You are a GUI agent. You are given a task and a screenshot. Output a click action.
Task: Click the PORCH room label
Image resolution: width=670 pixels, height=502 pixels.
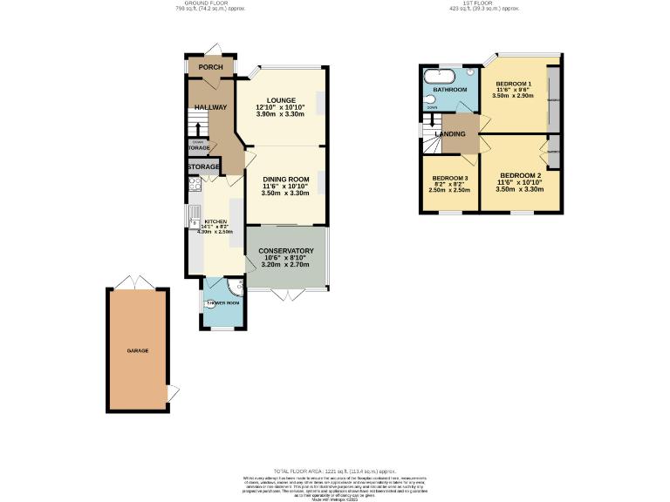(x=210, y=67)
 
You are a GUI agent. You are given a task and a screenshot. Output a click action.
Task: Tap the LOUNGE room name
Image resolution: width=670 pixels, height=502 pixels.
(x=281, y=100)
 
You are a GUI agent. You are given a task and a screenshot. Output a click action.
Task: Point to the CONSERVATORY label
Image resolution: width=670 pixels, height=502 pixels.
(x=285, y=251)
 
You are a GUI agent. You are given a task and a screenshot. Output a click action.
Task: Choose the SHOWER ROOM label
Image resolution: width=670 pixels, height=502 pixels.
(x=222, y=303)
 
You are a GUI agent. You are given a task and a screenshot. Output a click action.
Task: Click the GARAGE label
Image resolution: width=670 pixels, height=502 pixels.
(x=138, y=350)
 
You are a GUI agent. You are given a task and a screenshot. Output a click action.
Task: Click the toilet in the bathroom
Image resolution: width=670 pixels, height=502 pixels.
(x=429, y=100)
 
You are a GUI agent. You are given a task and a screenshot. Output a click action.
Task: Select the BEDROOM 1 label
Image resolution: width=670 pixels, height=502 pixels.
(x=513, y=83)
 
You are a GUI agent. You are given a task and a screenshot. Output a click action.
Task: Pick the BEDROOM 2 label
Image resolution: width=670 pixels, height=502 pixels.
(x=521, y=175)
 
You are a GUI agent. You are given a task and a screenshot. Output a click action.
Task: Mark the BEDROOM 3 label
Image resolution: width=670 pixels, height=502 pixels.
(x=450, y=179)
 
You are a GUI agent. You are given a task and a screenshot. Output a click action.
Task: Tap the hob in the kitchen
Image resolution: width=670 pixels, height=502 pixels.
(x=194, y=184)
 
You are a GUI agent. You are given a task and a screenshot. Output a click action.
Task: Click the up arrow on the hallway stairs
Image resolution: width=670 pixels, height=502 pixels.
(x=196, y=128)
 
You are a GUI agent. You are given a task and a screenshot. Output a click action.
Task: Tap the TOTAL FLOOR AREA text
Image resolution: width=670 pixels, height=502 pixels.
(x=335, y=471)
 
